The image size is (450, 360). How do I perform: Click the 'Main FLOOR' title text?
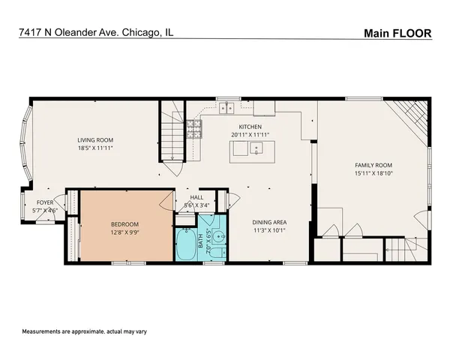coord(397,33)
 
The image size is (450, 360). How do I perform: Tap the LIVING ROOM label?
coord(94,139)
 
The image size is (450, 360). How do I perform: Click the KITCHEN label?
coord(250,127)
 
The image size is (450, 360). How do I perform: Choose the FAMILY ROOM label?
coord(373,164)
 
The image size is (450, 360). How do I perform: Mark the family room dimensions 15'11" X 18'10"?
coord(373,174)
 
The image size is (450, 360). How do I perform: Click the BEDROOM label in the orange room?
coord(125,223)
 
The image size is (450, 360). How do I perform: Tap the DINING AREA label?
coord(269,222)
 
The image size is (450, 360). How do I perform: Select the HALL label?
coord(196,197)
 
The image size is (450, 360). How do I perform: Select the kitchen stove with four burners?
coord(194,129)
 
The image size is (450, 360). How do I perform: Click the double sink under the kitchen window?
coord(225,108)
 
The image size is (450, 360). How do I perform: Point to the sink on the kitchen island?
coord(256,148)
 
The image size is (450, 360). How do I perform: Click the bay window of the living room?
coord(26,144)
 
